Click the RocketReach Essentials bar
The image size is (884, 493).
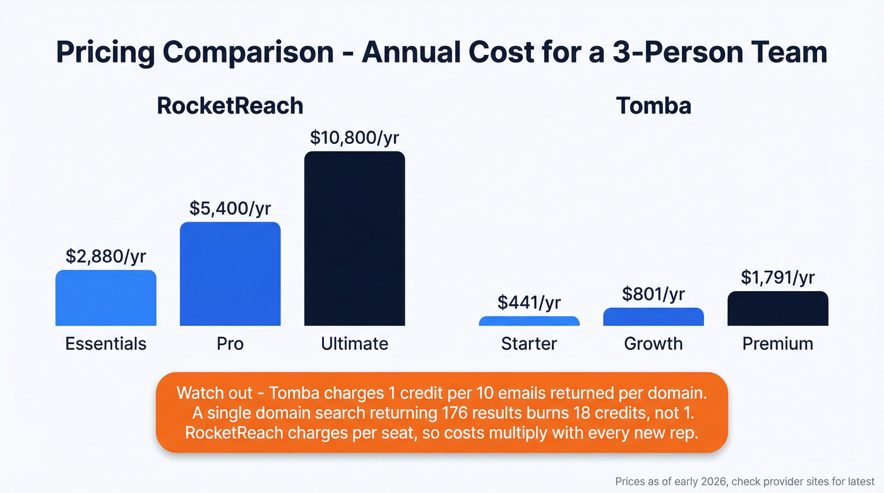pos(105,298)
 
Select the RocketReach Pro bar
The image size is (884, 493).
pos(230,274)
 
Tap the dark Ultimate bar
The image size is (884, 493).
pos(354,239)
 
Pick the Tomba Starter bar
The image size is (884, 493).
pos(529,321)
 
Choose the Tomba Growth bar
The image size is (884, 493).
pos(653,317)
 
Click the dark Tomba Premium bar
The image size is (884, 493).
pos(777,309)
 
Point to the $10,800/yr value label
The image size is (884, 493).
pos(354,138)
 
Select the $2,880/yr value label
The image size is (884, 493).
pos(105,256)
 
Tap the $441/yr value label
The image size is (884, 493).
pos(529,302)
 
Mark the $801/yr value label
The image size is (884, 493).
pos(653,294)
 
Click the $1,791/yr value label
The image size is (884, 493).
pos(777,277)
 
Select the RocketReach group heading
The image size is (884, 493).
pos(230,105)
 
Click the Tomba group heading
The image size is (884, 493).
pos(653,105)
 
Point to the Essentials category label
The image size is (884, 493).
pos(105,343)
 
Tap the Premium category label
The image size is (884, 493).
pos(777,343)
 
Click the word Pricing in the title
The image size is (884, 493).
pos(105,52)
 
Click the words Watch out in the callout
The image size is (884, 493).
pos(212,393)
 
